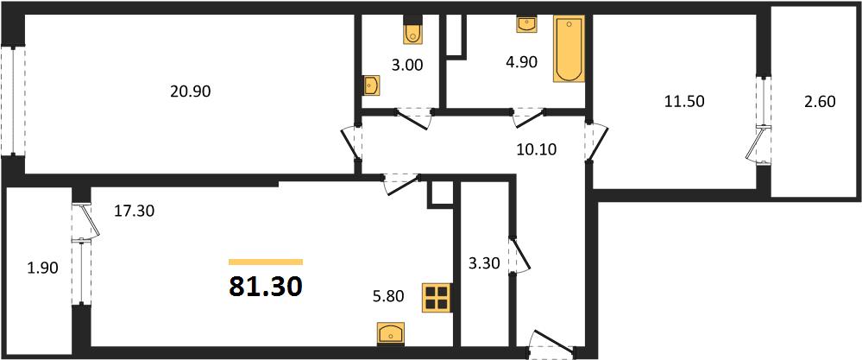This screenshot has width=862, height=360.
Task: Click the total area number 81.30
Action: (x=266, y=286)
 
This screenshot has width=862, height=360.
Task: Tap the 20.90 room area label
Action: (x=190, y=92)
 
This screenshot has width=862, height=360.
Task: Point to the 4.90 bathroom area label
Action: (x=521, y=61)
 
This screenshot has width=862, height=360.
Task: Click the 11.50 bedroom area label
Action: (x=684, y=101)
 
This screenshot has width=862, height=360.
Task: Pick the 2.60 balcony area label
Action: (x=819, y=102)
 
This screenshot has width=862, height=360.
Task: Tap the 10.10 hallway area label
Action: (x=536, y=149)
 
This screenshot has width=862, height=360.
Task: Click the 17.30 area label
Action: (x=134, y=210)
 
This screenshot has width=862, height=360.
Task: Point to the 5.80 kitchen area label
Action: (x=388, y=297)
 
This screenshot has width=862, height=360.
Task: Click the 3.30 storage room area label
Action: (x=484, y=264)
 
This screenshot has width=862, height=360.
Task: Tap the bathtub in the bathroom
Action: (x=569, y=49)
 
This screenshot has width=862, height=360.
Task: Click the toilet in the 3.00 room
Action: (x=412, y=31)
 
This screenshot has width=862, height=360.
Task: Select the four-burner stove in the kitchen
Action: (x=437, y=298)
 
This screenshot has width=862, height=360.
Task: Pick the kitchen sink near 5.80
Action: (x=390, y=333)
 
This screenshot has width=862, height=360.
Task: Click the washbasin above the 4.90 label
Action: (x=526, y=25)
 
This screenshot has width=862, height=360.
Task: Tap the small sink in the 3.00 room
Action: (x=370, y=85)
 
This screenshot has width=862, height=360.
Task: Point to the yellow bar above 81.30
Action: (x=266, y=262)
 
